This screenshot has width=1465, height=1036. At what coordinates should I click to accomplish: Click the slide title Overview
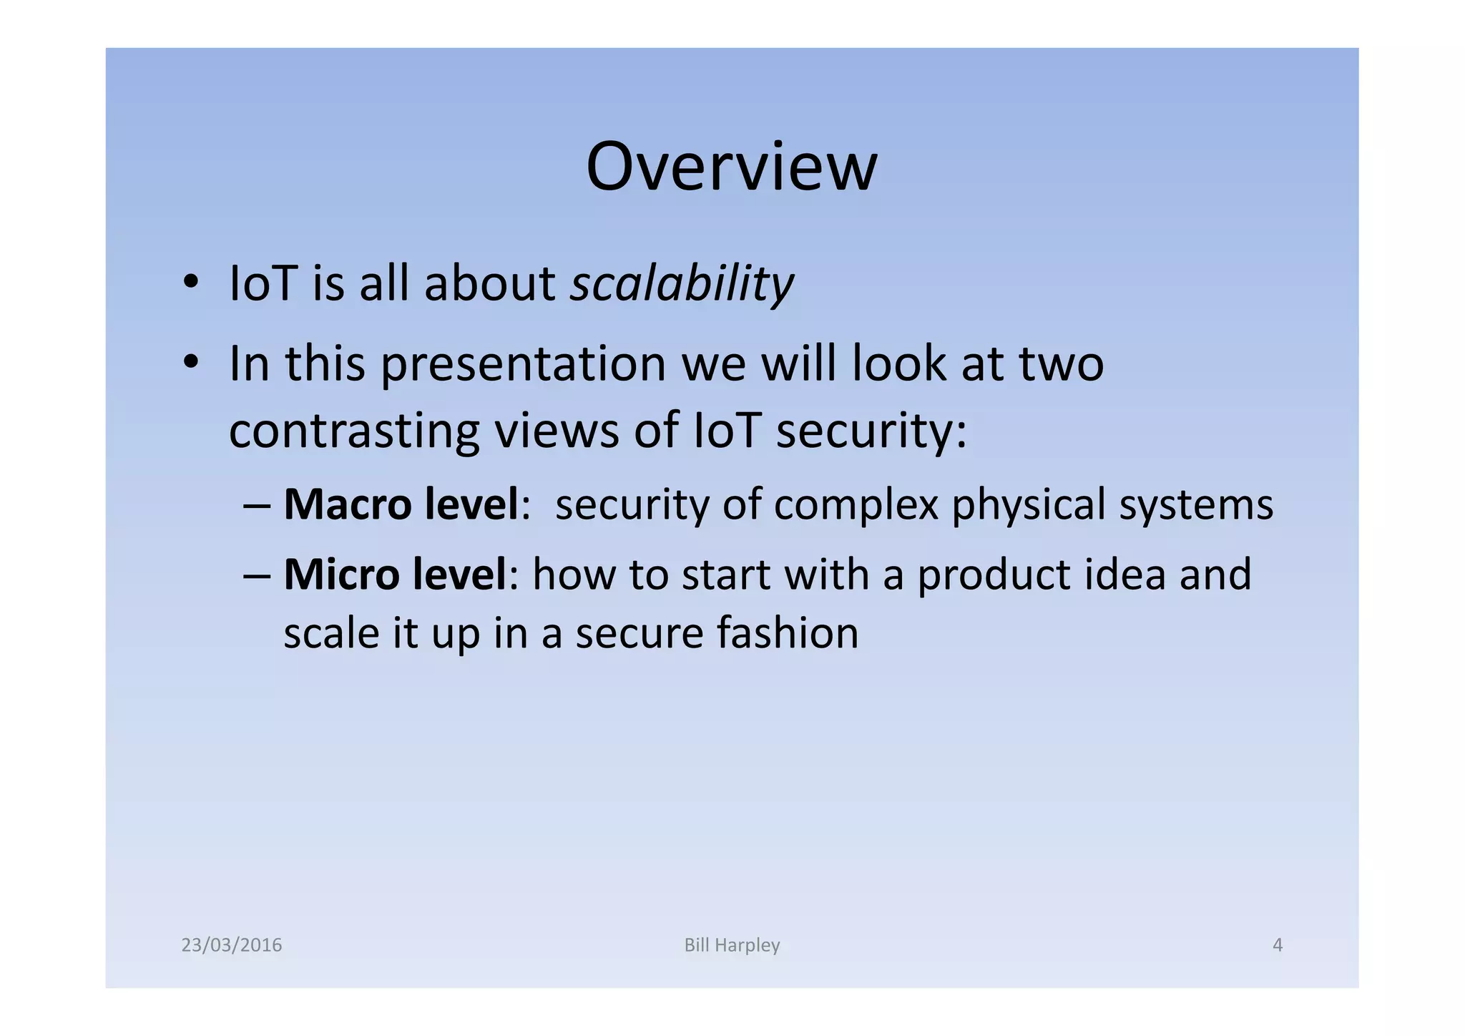click(731, 167)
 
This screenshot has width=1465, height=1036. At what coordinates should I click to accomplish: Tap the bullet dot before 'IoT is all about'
click(190, 282)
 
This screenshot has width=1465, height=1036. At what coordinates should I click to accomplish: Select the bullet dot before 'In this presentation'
click(190, 362)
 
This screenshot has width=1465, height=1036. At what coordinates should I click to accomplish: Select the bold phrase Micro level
click(395, 575)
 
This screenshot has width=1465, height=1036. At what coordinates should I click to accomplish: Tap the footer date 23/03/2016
click(232, 945)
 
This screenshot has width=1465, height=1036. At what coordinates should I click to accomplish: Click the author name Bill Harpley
click(732, 945)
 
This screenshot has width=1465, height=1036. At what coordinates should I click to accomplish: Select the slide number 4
click(1278, 945)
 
